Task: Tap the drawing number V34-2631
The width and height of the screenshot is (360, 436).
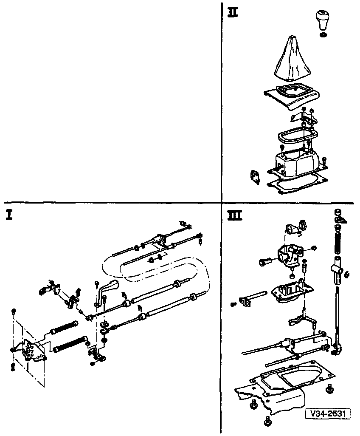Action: (327, 413)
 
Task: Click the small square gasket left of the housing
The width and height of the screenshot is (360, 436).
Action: (255, 177)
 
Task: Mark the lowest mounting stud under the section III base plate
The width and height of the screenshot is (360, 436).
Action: (268, 422)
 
